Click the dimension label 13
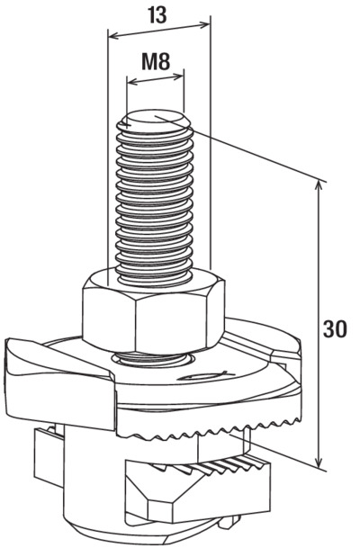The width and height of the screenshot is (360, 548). tap(157, 15)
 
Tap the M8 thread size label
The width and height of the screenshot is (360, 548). tap(156, 61)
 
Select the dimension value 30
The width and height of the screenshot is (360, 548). tap(335, 328)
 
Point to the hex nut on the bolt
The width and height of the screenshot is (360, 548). tap(153, 310)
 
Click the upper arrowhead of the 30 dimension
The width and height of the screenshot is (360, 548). tap(318, 186)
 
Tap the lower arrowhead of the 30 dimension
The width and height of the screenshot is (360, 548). tap(318, 462)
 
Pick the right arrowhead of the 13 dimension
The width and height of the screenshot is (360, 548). tap(205, 24)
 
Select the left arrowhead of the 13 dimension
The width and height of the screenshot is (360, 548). tap(113, 35)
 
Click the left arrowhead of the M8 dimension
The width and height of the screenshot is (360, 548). tap(133, 83)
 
